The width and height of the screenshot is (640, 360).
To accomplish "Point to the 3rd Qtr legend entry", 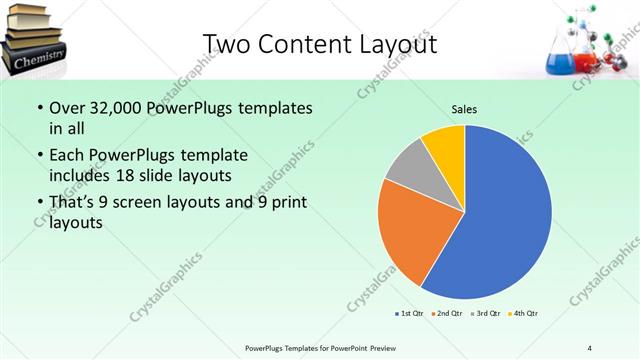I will (x=486, y=314).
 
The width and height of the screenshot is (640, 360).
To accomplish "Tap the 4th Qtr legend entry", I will (x=524, y=314).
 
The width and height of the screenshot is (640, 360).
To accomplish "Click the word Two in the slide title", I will (x=225, y=44).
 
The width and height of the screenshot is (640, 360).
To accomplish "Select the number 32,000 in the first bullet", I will (x=116, y=107).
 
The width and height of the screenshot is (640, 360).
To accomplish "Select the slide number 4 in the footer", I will (x=589, y=348).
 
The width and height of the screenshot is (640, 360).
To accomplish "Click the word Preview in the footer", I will (x=384, y=348).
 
